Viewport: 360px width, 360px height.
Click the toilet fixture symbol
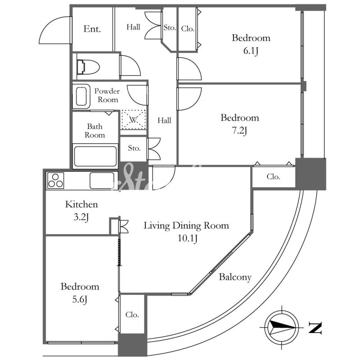click(x=88, y=67)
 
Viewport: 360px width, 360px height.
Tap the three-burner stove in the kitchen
click(x=55, y=180)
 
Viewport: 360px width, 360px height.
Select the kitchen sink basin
click(x=102, y=180)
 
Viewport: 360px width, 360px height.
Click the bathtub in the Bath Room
click(x=95, y=156)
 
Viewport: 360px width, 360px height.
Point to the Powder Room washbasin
click(x=81, y=96)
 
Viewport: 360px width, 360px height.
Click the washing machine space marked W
click(x=133, y=120)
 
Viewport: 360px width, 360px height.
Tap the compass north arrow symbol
click(x=282, y=327)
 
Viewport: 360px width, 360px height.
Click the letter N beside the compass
click(x=315, y=328)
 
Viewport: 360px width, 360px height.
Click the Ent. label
click(x=92, y=29)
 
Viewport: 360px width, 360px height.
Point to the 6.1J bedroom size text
click(x=251, y=51)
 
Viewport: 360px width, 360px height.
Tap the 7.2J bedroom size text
click(x=239, y=131)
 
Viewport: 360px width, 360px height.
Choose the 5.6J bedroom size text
click(x=80, y=300)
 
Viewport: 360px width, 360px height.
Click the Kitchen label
click(x=81, y=204)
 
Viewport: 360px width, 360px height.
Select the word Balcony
click(x=235, y=277)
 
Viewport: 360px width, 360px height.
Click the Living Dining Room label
click(x=186, y=225)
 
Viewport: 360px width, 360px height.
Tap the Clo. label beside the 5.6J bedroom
click(x=132, y=314)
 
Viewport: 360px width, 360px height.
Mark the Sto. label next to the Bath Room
click(x=134, y=148)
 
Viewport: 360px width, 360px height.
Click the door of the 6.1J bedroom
click(x=189, y=69)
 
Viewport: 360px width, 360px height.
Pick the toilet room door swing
click(x=130, y=65)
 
